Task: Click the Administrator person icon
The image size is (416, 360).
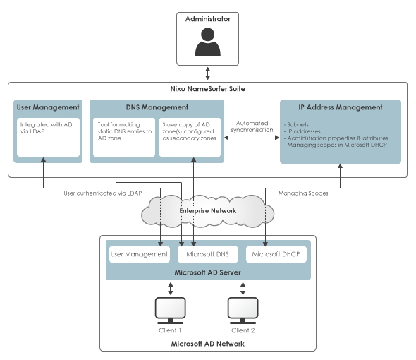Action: [x=208, y=42]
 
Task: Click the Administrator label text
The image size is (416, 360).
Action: [x=208, y=19]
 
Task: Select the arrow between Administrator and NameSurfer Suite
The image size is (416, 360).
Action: [x=208, y=73]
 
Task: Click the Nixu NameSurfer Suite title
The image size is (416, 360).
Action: [x=208, y=88]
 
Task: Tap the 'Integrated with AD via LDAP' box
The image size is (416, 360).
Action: [x=48, y=137]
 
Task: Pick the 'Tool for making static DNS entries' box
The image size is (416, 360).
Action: [x=124, y=137]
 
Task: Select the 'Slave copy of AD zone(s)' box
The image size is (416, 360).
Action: [x=190, y=137]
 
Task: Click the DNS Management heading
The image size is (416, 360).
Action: [x=157, y=107]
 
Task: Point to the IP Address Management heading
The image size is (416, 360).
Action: [x=341, y=107]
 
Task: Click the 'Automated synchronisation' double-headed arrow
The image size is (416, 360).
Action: [x=252, y=138]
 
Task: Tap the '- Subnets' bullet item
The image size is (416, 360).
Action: [x=296, y=124]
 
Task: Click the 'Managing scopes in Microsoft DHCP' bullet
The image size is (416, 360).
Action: [x=336, y=145]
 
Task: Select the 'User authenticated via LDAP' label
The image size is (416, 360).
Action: [x=103, y=193]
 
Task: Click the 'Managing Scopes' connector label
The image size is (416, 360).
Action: [x=303, y=193]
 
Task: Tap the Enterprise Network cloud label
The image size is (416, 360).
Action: [x=208, y=210]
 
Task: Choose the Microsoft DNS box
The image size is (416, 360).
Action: [x=208, y=254]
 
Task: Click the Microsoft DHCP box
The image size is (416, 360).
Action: [x=276, y=254]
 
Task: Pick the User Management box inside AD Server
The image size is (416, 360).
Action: [x=140, y=254]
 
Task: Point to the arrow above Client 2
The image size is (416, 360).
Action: [x=243, y=289]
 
